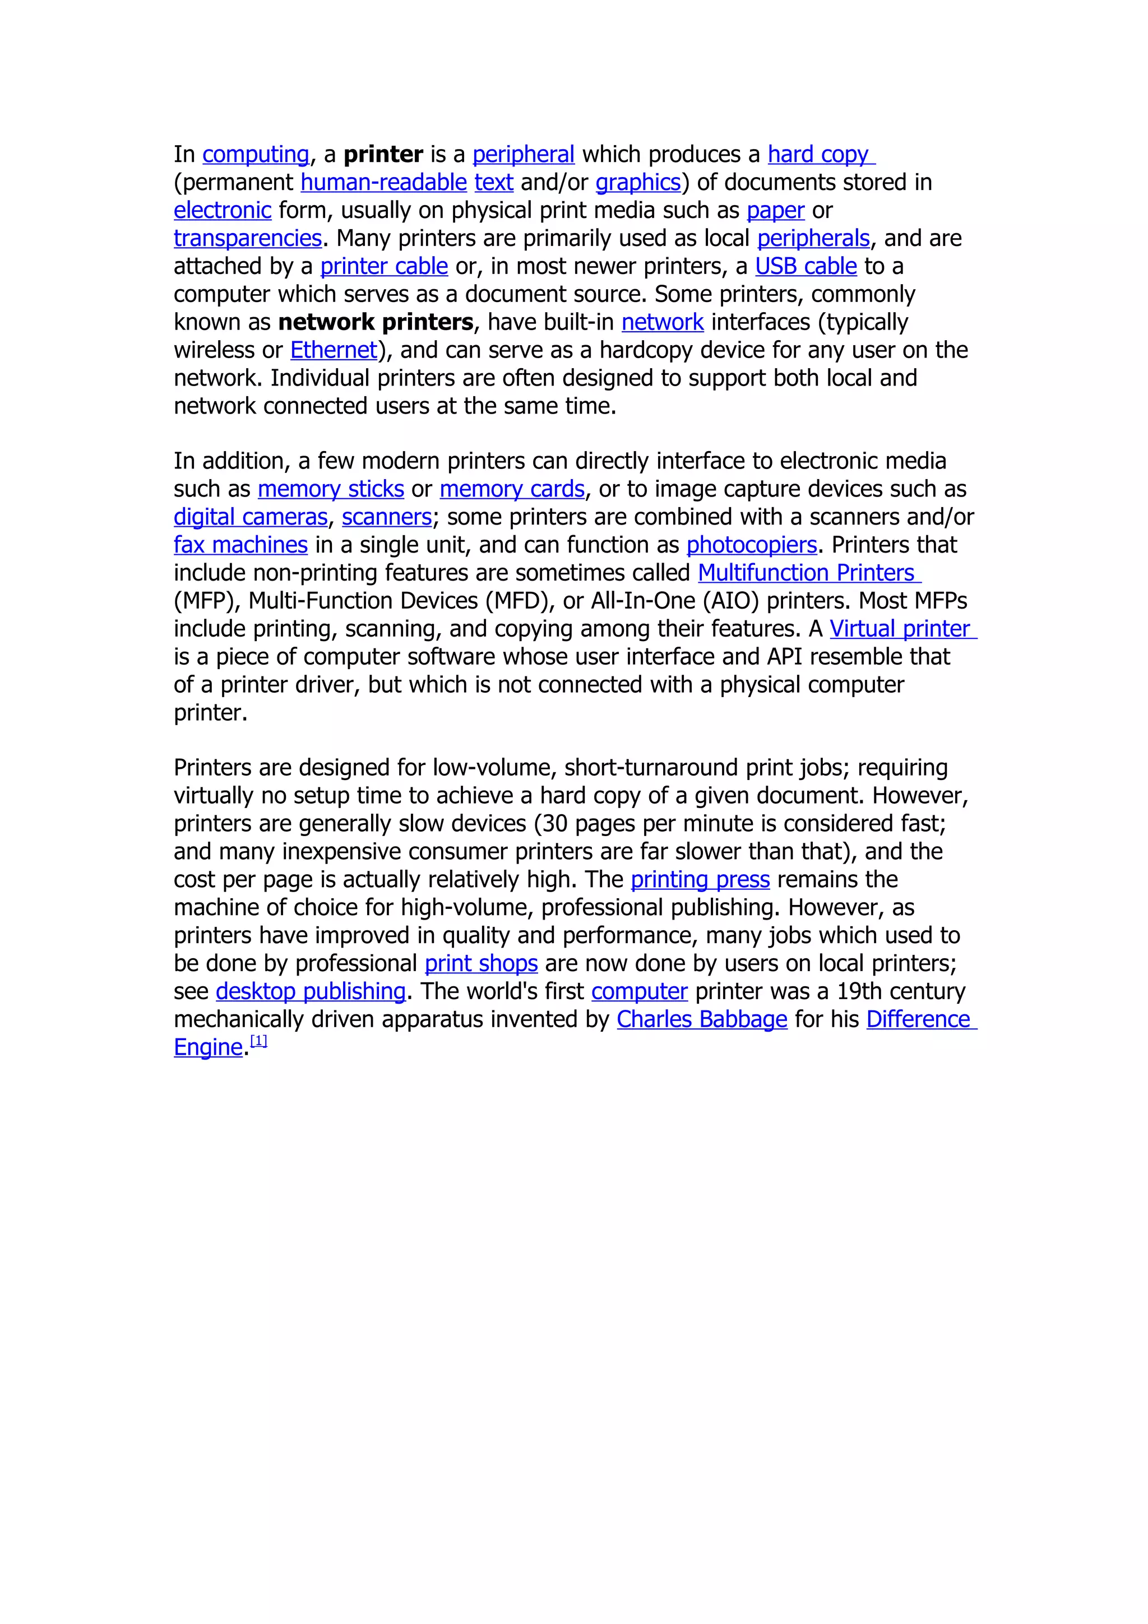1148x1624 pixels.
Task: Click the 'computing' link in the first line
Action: click(x=256, y=154)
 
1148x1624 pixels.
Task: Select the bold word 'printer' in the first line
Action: click(x=383, y=154)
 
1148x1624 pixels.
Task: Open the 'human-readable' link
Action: click(x=383, y=183)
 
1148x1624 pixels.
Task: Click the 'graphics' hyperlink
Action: click(x=637, y=183)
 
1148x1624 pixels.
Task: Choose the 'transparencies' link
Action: click(x=248, y=238)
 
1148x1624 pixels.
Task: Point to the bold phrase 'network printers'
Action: click(x=376, y=323)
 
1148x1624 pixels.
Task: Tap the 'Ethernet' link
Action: click(x=333, y=350)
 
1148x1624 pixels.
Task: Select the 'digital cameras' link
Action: click(x=251, y=517)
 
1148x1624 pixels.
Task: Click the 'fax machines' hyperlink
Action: click(x=240, y=545)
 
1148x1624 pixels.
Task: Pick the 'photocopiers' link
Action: click(x=751, y=545)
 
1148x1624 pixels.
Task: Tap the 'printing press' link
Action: click(x=700, y=880)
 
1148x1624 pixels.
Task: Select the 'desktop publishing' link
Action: click(x=311, y=992)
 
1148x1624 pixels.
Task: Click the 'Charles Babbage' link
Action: click(x=702, y=1019)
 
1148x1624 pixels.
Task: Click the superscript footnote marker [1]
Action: click(x=259, y=1041)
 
